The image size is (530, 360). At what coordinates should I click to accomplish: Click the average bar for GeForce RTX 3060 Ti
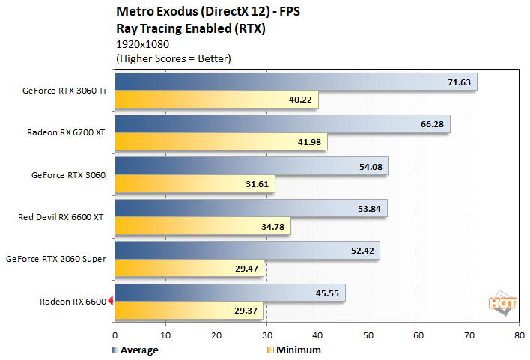(296, 82)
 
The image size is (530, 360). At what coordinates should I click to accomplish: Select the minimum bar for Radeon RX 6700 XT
(221, 141)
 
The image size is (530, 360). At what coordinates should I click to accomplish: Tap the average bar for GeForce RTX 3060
(251, 165)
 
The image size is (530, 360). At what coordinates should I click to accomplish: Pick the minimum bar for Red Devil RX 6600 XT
(202, 226)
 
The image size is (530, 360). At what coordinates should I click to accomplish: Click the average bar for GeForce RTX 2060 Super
(247, 250)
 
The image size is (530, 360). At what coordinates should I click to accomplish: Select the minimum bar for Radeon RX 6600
(189, 310)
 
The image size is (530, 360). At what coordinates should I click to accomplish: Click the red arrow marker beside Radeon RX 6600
(110, 302)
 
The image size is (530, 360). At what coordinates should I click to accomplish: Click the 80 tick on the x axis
(519, 336)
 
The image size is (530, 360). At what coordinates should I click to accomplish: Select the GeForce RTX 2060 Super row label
(55, 259)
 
